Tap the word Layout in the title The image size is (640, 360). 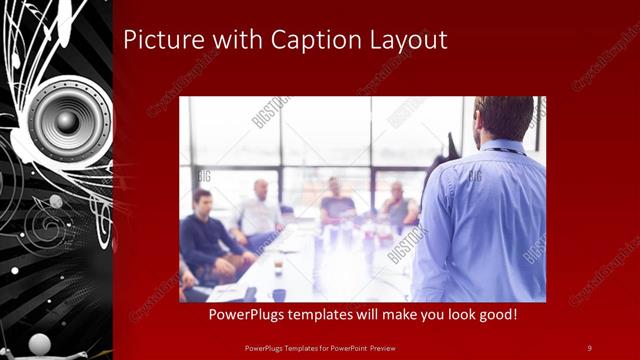tap(410, 41)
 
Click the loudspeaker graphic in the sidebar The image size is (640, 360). tap(68, 121)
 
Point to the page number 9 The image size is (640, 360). tap(589, 347)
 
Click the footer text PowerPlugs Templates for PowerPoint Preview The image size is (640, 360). tap(320, 347)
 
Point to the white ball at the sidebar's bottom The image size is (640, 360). tap(39, 344)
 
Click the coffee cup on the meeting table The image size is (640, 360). tap(278, 264)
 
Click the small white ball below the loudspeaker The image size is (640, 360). tap(56, 201)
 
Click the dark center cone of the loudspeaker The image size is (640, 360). tap(67, 121)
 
